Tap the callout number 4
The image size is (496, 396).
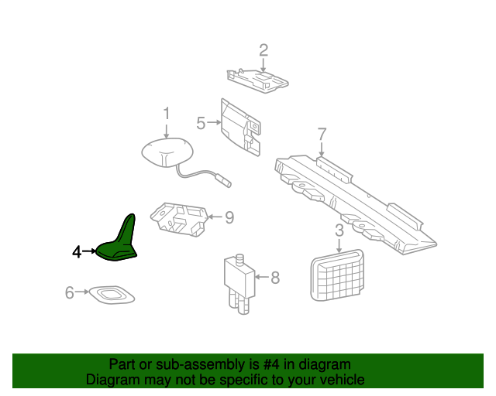(x=77, y=252)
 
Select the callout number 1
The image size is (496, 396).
(x=167, y=114)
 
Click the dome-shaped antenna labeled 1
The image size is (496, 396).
(x=167, y=152)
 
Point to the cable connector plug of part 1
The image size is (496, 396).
(x=226, y=183)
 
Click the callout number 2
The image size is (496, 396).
(x=263, y=50)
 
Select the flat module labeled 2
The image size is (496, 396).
(x=257, y=80)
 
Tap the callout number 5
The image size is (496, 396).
(x=201, y=123)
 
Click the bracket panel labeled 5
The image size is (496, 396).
(x=241, y=128)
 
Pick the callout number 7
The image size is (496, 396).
(x=322, y=135)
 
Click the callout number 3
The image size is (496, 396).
(x=339, y=230)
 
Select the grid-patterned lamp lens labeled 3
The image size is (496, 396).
(x=337, y=275)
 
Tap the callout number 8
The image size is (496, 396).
(x=275, y=278)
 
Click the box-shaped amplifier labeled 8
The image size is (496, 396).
(x=239, y=283)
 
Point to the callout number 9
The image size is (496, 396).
(x=229, y=217)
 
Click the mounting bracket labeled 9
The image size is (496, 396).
(x=179, y=220)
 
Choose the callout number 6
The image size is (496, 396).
(x=69, y=292)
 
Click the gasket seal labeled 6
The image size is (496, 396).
(x=112, y=295)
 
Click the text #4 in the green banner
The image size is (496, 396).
(x=271, y=364)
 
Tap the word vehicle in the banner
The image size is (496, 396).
(x=343, y=379)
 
